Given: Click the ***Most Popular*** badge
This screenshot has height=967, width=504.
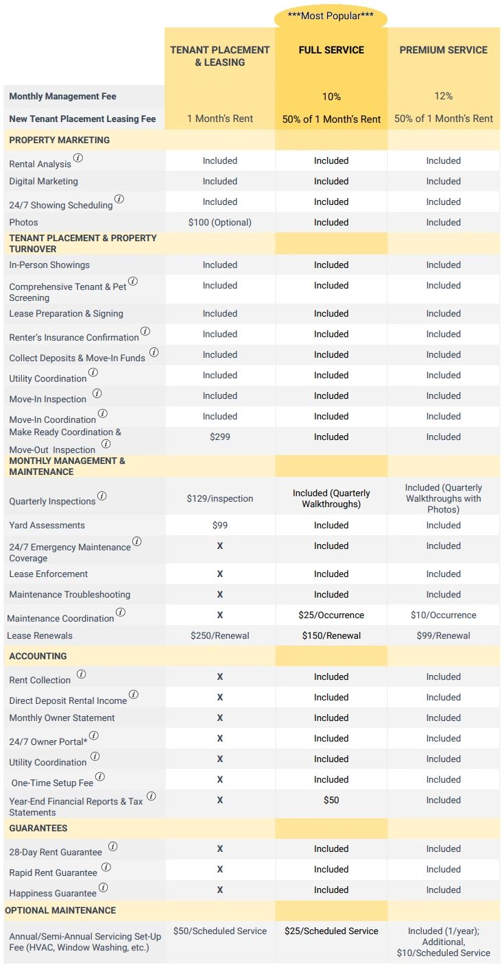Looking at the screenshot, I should pos(331,15).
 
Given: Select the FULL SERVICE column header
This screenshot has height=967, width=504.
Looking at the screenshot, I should pos(331,50).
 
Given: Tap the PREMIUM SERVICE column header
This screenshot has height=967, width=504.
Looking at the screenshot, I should pos(444,50).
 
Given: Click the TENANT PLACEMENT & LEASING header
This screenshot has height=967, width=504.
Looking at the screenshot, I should pos(220,56).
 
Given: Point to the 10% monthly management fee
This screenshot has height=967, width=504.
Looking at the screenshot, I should pos(331,97).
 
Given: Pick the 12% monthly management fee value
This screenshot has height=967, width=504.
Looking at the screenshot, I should pos(444,97).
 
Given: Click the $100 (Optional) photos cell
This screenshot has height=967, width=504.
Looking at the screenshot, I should pos(220,223).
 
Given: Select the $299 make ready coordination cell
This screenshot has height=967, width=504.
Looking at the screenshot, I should pos(220,437).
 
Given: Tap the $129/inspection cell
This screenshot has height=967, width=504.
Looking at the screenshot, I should pos(220,498).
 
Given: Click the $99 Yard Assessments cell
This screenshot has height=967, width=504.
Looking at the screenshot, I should pos(220,526).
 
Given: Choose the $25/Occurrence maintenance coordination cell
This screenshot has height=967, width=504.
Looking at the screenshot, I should pos(331,615).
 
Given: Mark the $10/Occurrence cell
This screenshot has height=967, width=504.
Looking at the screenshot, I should pos(444,615).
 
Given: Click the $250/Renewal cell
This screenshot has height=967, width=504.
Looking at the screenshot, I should pos(220,636).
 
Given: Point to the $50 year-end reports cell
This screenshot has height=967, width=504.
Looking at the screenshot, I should pos(331,800).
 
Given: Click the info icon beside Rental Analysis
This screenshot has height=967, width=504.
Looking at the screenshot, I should pos(78,158).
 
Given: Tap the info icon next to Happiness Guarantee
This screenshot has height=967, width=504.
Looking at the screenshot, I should pos(103,888).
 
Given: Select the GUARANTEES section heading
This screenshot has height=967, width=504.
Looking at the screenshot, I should pos(38,829).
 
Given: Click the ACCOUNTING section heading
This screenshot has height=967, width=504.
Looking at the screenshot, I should pos(38,657).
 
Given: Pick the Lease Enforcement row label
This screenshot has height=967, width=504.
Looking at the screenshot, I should pos(49,574).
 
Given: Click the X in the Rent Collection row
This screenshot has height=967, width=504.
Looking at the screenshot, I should pos(220,677).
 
